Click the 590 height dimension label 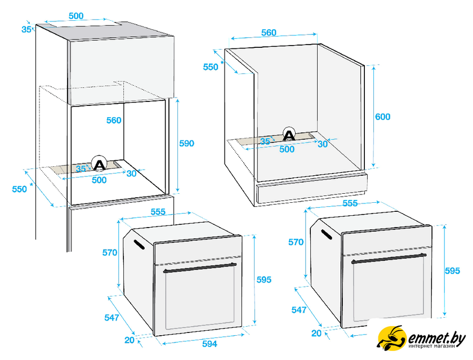point(186,143)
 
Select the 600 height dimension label point(382,117)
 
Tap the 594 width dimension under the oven point(209,344)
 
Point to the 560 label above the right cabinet point(269,32)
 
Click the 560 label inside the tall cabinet point(114,120)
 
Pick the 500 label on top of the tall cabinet point(76,16)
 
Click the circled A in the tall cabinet point(99,163)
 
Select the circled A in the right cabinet point(289,135)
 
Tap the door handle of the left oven point(200,268)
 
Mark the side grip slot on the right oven point(327,234)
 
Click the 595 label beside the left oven point(264,280)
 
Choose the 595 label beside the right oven point(453,270)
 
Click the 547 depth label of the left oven point(111,317)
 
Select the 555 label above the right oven point(350,203)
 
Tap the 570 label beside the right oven point(296,242)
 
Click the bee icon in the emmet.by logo point(391,338)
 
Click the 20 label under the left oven point(130,340)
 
